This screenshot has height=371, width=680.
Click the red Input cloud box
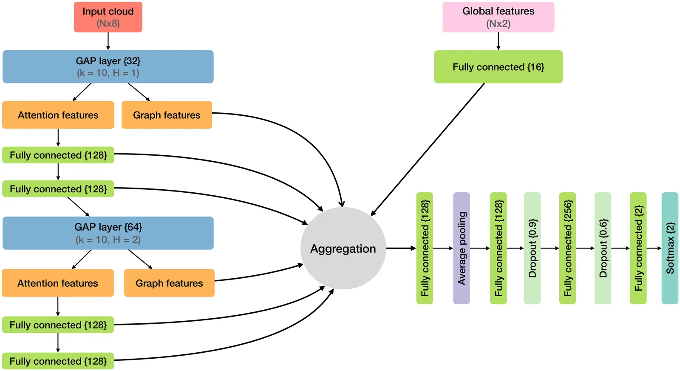click(x=108, y=17)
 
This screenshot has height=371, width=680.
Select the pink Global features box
click(x=498, y=17)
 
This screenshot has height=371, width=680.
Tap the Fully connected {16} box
click(x=498, y=67)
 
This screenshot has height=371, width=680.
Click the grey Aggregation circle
click(x=343, y=248)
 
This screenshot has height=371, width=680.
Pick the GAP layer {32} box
click(x=108, y=67)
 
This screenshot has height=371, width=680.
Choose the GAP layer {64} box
click(x=108, y=233)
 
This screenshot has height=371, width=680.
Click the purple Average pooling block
click(x=462, y=248)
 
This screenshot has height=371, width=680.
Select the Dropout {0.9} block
click(x=532, y=248)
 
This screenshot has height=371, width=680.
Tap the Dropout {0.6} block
click(x=603, y=248)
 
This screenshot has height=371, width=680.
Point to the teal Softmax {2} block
click(x=670, y=248)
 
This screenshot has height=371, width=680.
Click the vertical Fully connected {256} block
click(x=567, y=248)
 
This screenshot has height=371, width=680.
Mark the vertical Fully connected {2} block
click(x=638, y=248)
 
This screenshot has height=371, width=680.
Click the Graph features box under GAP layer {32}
click(x=167, y=115)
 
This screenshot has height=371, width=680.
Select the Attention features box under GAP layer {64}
click(x=58, y=283)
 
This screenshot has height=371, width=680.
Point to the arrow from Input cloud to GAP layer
click(x=108, y=41)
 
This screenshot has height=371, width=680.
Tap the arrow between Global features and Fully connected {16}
click(x=498, y=41)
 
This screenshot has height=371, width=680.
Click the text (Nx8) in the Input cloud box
click(x=108, y=23)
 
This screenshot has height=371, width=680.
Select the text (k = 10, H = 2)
click(x=108, y=240)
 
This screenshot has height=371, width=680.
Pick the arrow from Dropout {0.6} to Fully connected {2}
click(x=620, y=248)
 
